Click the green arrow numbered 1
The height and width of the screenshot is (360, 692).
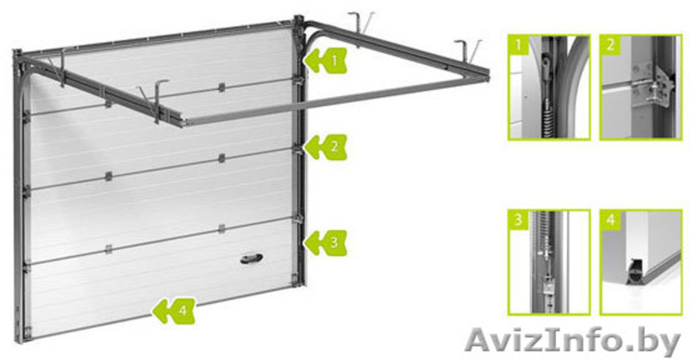(x=326, y=61)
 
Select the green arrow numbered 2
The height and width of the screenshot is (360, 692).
(x=326, y=147)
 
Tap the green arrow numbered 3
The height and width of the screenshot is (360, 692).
(x=326, y=242)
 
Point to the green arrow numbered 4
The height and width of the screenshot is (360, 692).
(x=174, y=311)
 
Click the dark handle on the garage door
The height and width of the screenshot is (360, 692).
(x=252, y=259)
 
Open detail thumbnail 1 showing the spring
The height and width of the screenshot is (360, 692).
(x=549, y=87)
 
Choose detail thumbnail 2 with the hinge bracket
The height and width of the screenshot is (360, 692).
(x=641, y=87)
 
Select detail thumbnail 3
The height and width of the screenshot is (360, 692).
(x=549, y=262)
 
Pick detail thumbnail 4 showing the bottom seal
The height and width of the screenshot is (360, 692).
(x=641, y=262)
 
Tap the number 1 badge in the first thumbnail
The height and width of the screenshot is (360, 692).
(x=518, y=45)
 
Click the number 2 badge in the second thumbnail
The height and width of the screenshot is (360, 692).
(x=611, y=45)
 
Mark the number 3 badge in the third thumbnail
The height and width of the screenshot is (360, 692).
(x=518, y=220)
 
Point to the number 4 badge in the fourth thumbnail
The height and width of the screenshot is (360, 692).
(x=611, y=220)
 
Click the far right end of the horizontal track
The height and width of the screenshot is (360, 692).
(x=487, y=75)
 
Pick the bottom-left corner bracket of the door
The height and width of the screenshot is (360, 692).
(x=27, y=332)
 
